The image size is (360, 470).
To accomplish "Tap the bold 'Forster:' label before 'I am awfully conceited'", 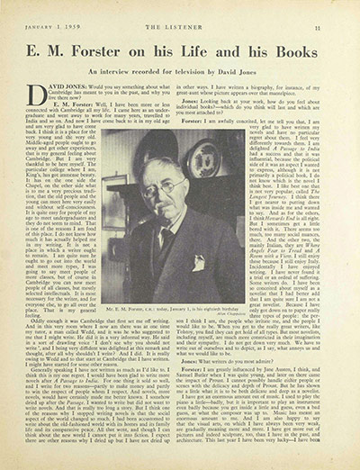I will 191,122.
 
